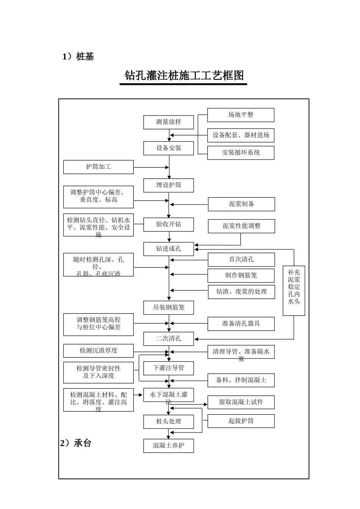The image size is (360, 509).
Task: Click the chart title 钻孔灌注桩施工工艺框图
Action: point(184,76)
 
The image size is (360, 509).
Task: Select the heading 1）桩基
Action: point(78,57)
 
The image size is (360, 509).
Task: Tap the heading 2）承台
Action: point(76,443)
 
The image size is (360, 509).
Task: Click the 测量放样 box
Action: point(169,122)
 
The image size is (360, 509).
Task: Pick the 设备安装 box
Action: point(169,148)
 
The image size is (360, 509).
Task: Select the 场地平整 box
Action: point(241,115)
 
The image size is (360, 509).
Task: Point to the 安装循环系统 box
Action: point(241,153)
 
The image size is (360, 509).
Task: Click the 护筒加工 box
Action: point(99,167)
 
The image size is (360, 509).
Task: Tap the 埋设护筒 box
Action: point(169,185)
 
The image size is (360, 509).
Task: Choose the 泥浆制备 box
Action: point(241,204)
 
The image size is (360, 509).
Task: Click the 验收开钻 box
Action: point(169,224)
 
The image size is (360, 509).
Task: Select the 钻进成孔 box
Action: point(169,249)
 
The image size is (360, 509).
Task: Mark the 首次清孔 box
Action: point(241,260)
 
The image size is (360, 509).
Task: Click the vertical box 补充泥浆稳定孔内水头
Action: point(294,290)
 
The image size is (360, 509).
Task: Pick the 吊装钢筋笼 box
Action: point(169,308)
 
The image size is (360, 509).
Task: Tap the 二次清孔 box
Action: point(169,339)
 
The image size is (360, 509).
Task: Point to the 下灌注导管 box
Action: point(169,368)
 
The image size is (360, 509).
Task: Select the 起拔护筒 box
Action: point(241,421)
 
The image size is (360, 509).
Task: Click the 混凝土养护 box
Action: point(169,446)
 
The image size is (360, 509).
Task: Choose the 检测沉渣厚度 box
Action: point(99,351)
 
